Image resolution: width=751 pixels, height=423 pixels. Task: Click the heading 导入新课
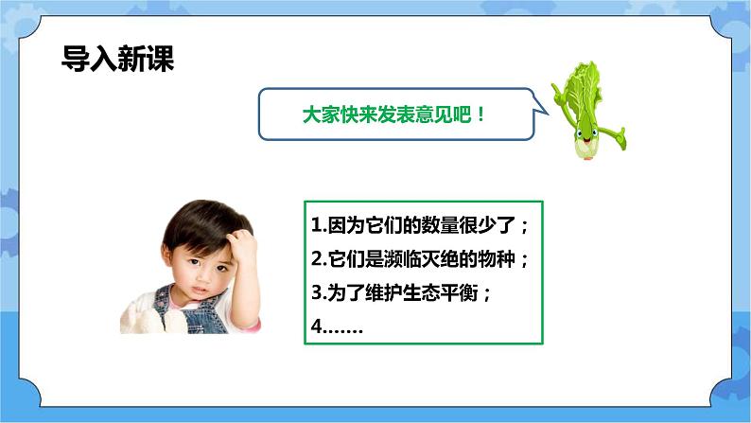pyautogui.click(x=117, y=58)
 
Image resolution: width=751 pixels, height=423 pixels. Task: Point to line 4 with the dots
pyautogui.click(x=337, y=326)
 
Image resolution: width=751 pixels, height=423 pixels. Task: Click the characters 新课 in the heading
pyautogui.click(x=146, y=58)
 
